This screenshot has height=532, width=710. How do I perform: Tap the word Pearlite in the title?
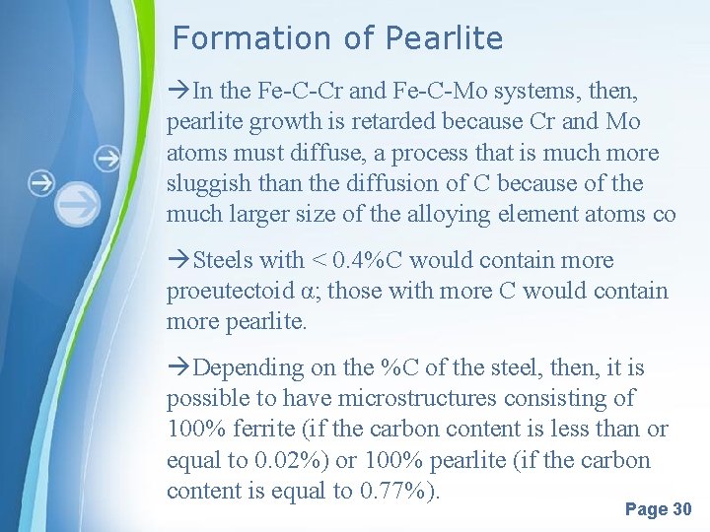(445, 38)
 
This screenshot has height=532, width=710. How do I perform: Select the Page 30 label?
(659, 509)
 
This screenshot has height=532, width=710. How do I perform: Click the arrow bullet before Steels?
(179, 261)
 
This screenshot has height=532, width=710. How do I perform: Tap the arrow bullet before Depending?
(179, 368)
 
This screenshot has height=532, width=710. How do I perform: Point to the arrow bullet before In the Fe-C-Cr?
(179, 92)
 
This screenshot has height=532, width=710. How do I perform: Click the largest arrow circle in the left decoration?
(78, 204)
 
